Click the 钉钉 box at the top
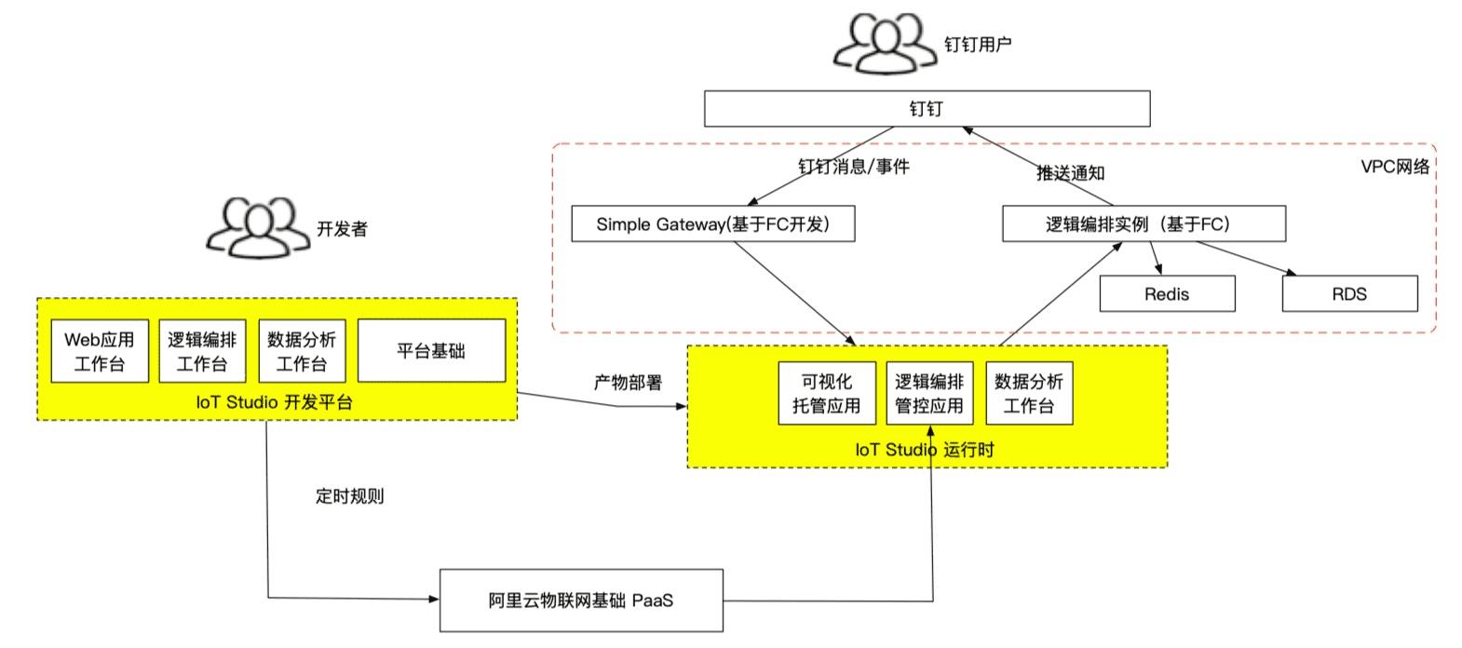coord(927,109)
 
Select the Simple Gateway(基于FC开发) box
coord(712,224)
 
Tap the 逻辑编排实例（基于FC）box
coord(1143,224)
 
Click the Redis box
coord(1167,294)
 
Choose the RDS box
coord(1349,294)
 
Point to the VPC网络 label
coord(1394,167)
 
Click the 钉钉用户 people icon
coord(883,43)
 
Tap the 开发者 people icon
coord(257,227)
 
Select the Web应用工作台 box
coord(100,352)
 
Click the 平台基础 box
coord(431,351)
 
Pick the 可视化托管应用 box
coord(827,394)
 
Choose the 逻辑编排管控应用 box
coord(929,394)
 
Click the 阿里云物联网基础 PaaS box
coord(580,601)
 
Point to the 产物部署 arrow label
coord(628,383)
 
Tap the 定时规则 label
coord(349,496)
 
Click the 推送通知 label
coord(1071,173)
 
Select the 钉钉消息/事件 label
coord(853,167)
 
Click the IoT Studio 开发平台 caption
coord(275,403)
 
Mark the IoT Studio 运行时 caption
coord(925,450)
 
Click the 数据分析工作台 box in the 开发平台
coord(302,352)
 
